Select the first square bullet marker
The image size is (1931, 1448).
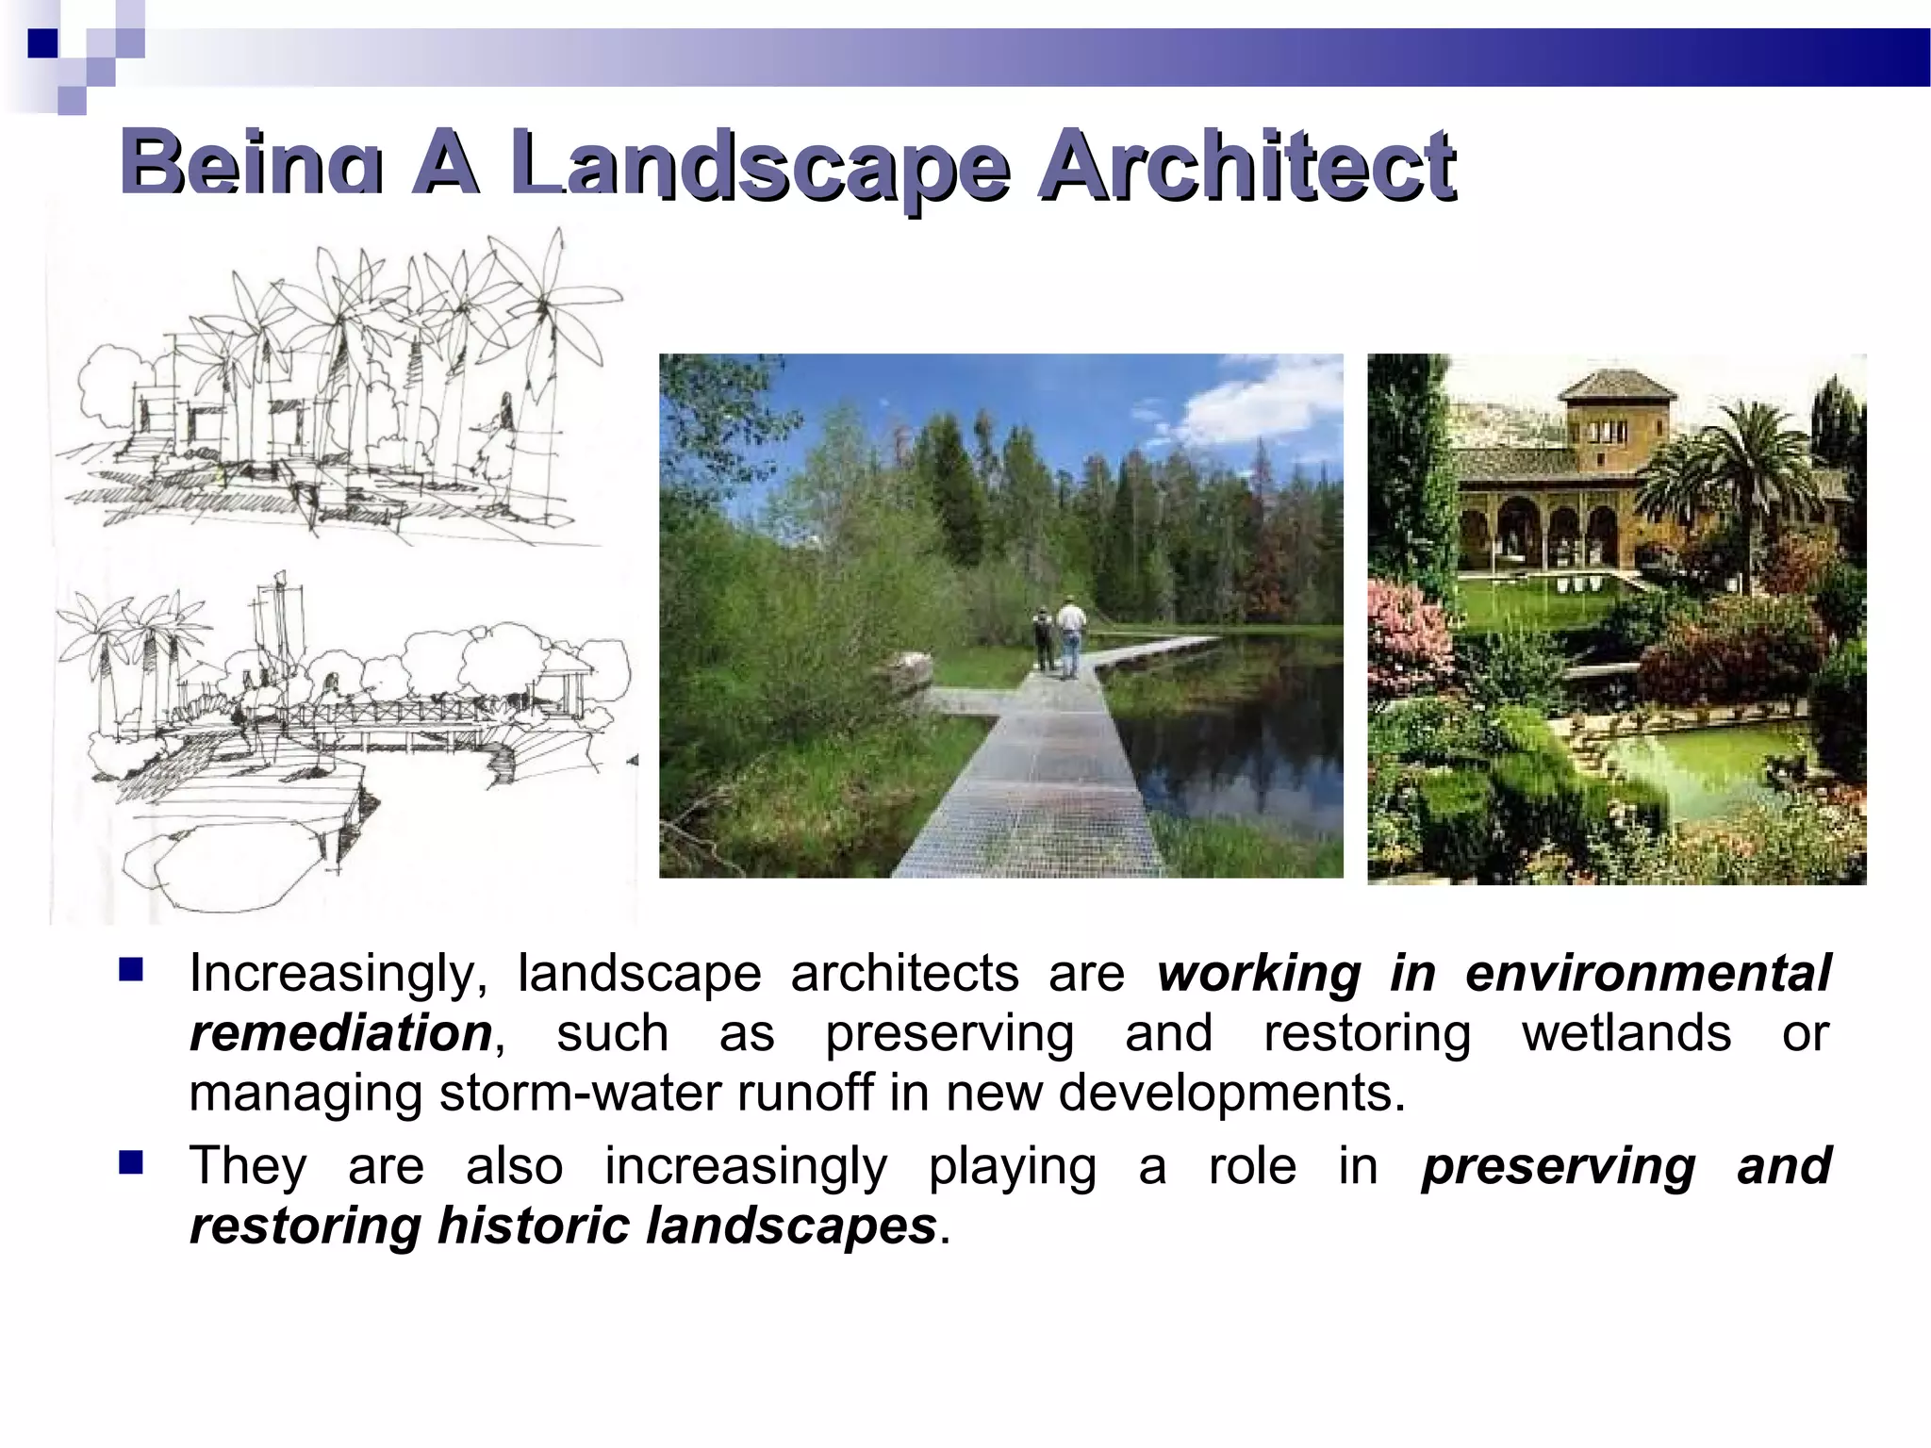(x=131, y=969)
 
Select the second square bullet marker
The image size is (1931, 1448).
(x=131, y=1162)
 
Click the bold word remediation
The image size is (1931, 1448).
(x=340, y=1034)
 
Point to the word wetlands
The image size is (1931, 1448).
(x=1626, y=1033)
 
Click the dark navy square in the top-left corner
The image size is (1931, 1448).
(x=42, y=43)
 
